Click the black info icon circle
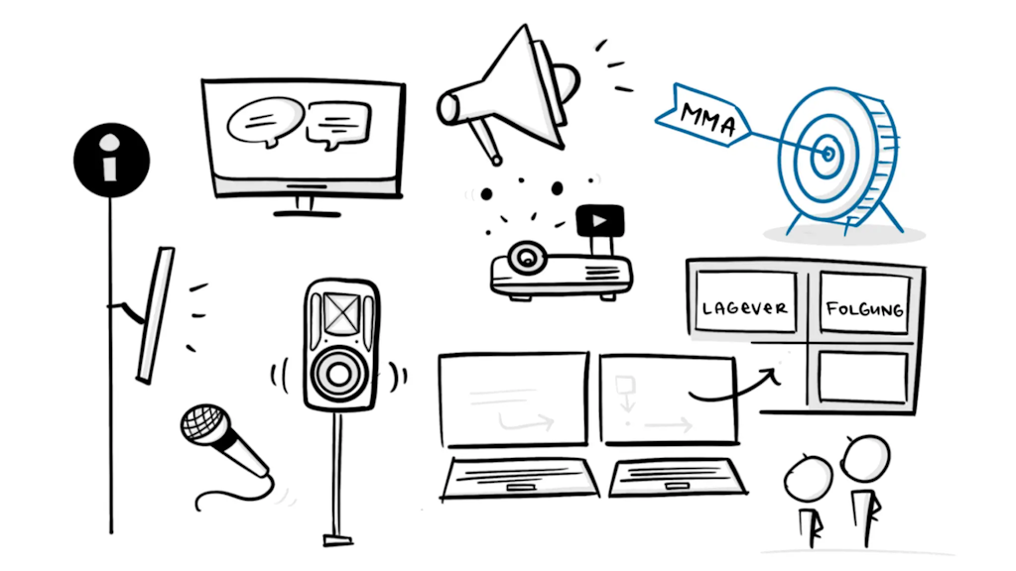tap(111, 160)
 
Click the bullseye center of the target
tap(827, 153)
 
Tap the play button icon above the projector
tap(599, 220)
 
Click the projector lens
tap(527, 260)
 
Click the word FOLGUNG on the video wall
tap(864, 310)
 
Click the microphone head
tap(203, 424)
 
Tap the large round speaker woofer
tap(339, 376)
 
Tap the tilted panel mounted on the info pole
tap(156, 314)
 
